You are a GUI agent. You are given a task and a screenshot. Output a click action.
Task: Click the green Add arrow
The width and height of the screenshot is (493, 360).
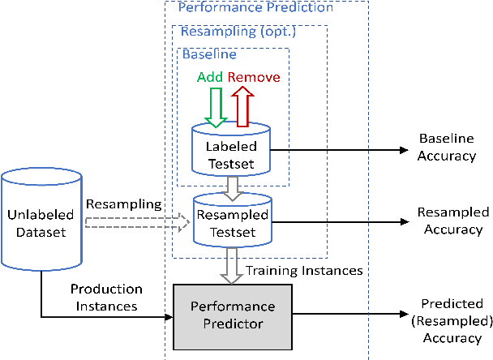click(216, 106)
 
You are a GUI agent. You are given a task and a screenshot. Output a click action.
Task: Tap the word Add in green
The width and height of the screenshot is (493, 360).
click(210, 78)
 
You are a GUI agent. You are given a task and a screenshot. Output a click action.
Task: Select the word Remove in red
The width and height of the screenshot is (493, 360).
click(254, 78)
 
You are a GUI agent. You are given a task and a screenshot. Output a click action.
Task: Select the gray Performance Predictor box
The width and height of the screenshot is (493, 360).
click(233, 315)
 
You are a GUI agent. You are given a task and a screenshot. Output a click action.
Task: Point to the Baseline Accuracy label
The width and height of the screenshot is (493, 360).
click(446, 148)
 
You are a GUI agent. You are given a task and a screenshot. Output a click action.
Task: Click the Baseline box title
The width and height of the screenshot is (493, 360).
click(209, 55)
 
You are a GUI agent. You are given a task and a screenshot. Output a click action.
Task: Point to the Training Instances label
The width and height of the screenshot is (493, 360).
click(303, 270)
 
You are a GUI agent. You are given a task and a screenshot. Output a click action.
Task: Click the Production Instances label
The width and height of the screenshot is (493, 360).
click(106, 297)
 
